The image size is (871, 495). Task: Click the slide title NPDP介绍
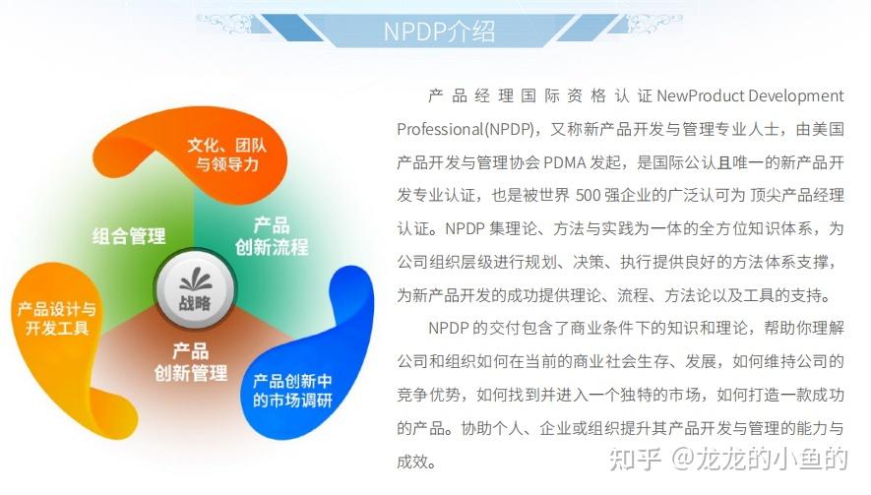439,30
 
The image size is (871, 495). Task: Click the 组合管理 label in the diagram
129,236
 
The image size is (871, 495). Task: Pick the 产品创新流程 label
271,235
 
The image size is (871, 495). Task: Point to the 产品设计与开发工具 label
57,319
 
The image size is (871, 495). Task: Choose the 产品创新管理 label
190,361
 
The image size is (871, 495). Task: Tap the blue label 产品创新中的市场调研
293,390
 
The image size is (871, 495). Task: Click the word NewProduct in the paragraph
701,96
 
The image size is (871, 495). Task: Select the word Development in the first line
796,96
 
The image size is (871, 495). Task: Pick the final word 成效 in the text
415,461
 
